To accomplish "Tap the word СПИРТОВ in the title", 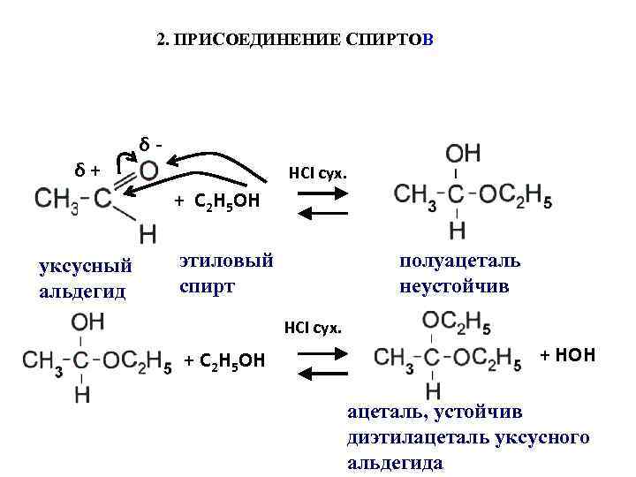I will coord(386,41).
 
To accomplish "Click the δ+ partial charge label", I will coord(87,168).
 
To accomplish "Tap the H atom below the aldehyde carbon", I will coord(148,234).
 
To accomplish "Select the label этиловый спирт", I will coord(226,273).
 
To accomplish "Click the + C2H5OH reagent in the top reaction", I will coord(216,201).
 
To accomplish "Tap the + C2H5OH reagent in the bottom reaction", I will coord(224,360).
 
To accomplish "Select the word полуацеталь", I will coord(459,261).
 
